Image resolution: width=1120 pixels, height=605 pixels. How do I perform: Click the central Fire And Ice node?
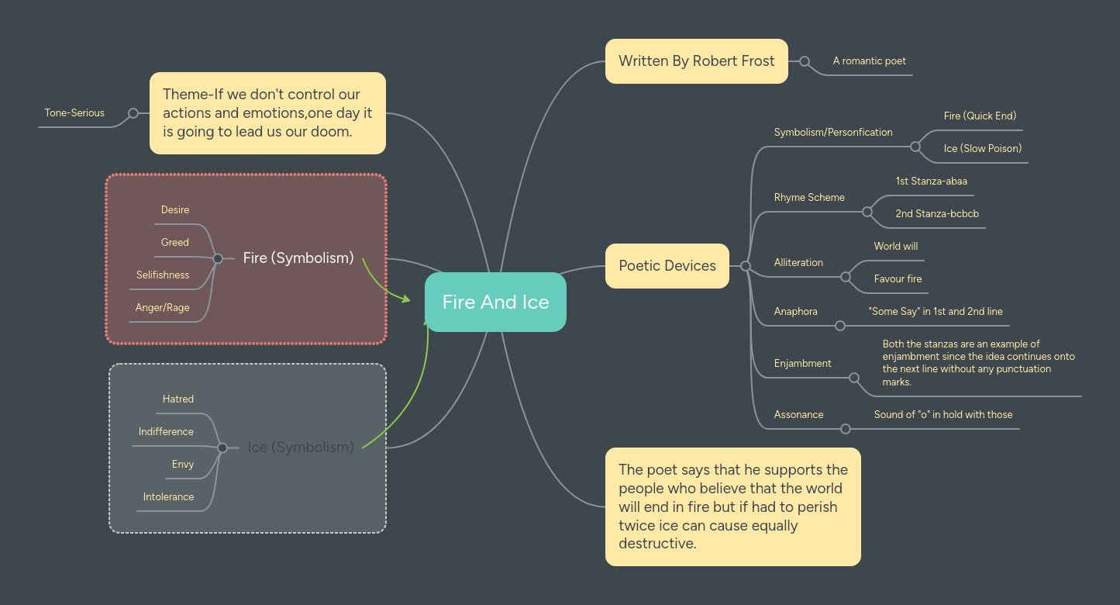point(495,302)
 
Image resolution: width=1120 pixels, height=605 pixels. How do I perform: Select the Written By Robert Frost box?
point(696,61)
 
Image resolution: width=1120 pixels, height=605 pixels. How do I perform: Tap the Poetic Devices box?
point(667,266)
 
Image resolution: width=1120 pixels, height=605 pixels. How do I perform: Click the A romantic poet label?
point(869,60)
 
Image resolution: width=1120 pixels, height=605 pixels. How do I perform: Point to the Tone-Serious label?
point(74,113)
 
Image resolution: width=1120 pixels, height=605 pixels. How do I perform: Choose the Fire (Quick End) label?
point(980,116)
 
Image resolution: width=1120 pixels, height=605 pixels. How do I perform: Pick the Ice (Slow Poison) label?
point(982,148)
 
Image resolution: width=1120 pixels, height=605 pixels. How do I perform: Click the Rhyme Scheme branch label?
point(809,198)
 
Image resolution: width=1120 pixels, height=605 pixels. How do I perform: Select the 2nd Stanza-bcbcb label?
point(937,213)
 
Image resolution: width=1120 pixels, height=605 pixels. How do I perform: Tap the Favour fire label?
point(898,278)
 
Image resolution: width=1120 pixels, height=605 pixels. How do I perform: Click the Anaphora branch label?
point(795,311)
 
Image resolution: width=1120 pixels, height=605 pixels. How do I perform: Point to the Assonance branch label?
point(798,414)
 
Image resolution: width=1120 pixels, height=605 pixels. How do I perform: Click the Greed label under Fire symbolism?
point(174,242)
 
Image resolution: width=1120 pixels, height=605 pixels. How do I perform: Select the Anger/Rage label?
point(162,307)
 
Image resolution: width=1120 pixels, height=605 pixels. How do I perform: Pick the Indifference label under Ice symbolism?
point(166,431)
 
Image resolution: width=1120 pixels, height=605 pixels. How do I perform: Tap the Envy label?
point(183,464)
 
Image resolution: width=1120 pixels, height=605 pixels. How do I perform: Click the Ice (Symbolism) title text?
point(301,447)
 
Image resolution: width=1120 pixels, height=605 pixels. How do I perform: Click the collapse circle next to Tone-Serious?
point(133,113)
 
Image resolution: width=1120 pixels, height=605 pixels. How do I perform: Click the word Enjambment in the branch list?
point(802,363)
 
